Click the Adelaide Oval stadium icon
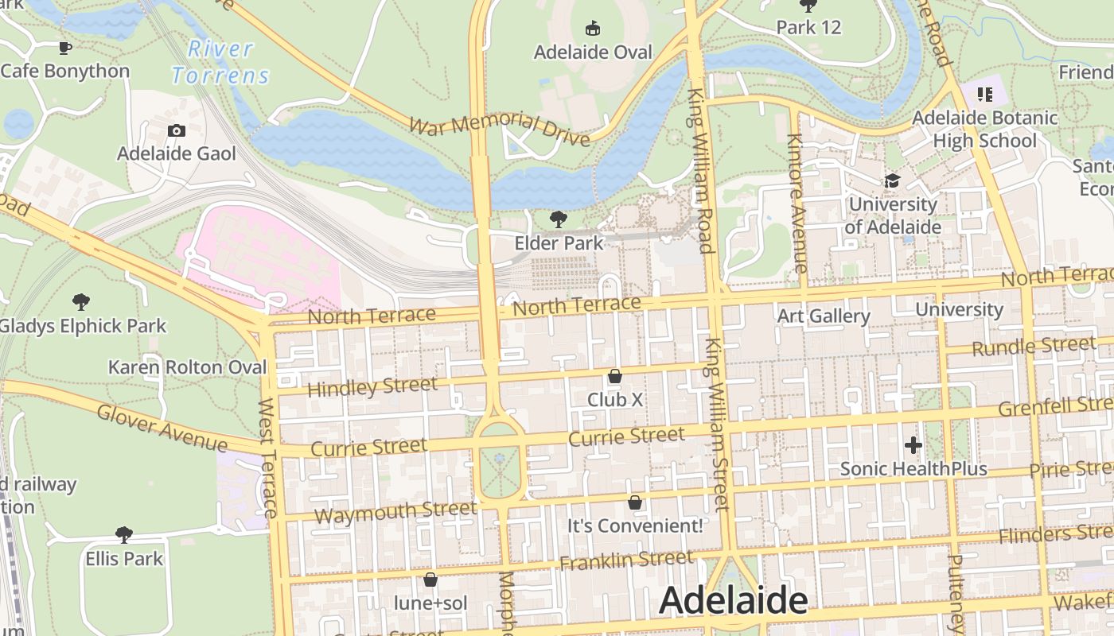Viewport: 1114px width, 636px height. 592,29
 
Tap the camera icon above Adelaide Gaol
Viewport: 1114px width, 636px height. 177,131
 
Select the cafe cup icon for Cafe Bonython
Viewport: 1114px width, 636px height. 64,48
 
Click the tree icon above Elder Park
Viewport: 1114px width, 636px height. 559,219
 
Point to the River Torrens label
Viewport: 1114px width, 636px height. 220,62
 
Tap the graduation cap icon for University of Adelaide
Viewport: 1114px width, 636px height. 892,181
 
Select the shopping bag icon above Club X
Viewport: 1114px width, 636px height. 614,376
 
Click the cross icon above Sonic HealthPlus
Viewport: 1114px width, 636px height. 913,445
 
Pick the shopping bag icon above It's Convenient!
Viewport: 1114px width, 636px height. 634,502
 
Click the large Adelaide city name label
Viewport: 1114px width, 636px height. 733,600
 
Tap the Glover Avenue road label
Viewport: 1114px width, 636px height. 162,427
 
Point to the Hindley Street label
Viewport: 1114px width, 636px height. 372,387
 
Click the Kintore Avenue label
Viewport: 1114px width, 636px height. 797,203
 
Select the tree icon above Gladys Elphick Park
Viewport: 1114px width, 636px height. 80,301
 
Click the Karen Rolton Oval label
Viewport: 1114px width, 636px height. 187,367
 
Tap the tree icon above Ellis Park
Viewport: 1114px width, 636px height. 123,534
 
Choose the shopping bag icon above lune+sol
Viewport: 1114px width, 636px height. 430,580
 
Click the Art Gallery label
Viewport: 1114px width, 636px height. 823,316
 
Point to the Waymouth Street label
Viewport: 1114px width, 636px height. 395,511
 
